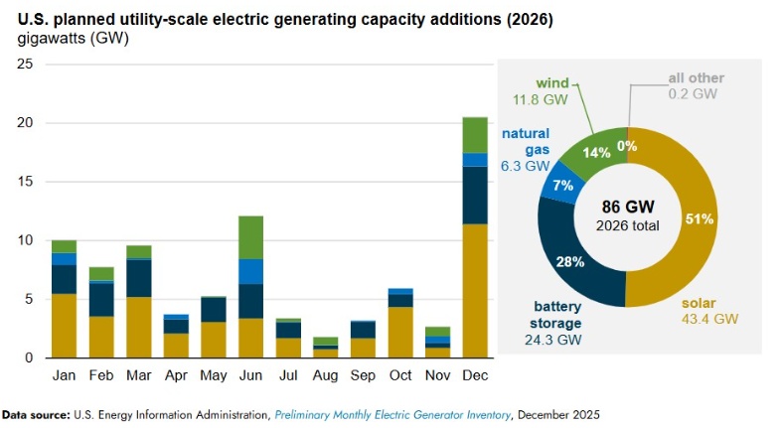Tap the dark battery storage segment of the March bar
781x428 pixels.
point(139,278)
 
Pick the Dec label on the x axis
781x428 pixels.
point(475,378)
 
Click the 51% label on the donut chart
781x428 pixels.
point(699,219)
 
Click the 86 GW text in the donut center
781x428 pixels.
point(626,207)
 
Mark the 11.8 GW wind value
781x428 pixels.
point(536,100)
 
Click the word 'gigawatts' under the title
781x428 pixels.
point(49,39)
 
